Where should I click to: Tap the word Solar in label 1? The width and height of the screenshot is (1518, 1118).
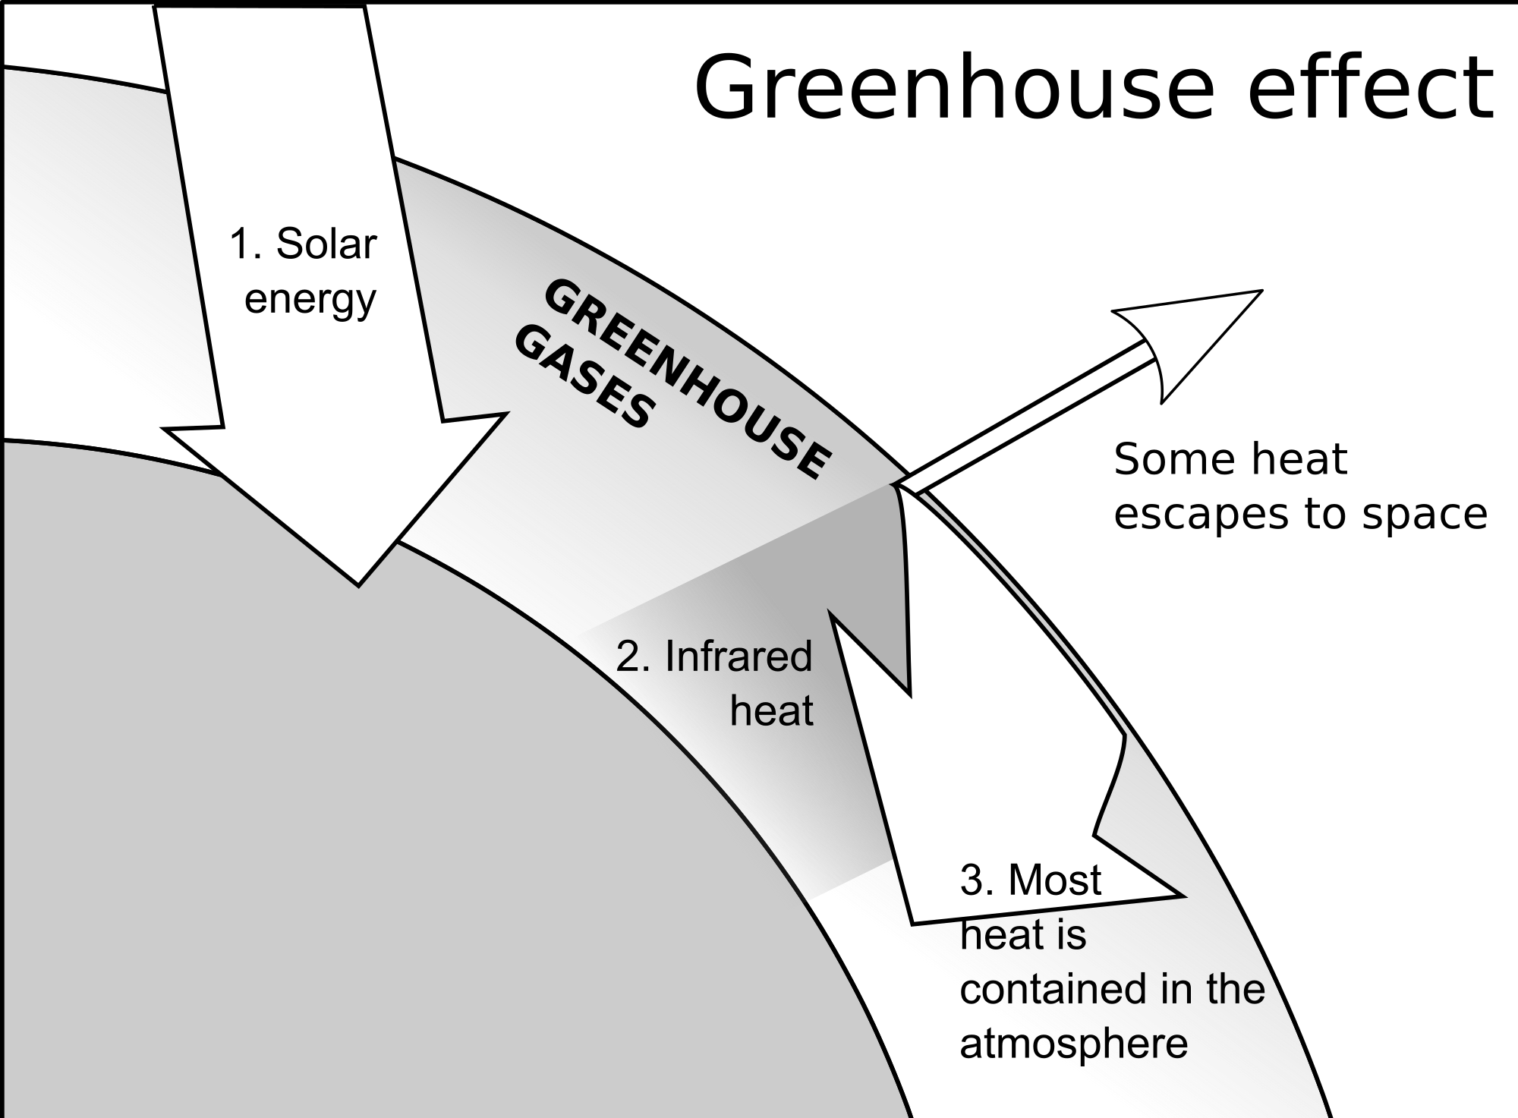[326, 244]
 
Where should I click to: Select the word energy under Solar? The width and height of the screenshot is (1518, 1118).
[310, 299]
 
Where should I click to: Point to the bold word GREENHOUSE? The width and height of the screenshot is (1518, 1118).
[687, 379]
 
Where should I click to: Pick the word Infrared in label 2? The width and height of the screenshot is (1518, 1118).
[738, 657]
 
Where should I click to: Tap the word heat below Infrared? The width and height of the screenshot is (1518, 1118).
[771, 711]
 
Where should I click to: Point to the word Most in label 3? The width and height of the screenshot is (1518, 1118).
[1054, 880]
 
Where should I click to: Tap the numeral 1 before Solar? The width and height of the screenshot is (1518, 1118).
[241, 244]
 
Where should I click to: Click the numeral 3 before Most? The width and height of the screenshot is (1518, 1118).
[972, 880]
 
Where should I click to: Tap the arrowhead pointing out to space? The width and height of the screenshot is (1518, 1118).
[1192, 334]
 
